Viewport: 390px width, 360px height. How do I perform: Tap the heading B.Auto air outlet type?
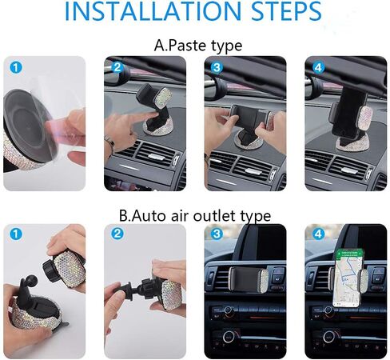tap(194, 215)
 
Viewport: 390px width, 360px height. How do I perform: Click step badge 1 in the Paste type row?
tap(14, 66)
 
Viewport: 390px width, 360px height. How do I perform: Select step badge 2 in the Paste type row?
tap(117, 67)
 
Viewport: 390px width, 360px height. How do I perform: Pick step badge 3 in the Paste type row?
tap(216, 67)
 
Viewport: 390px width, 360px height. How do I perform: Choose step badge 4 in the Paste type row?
tap(317, 67)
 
